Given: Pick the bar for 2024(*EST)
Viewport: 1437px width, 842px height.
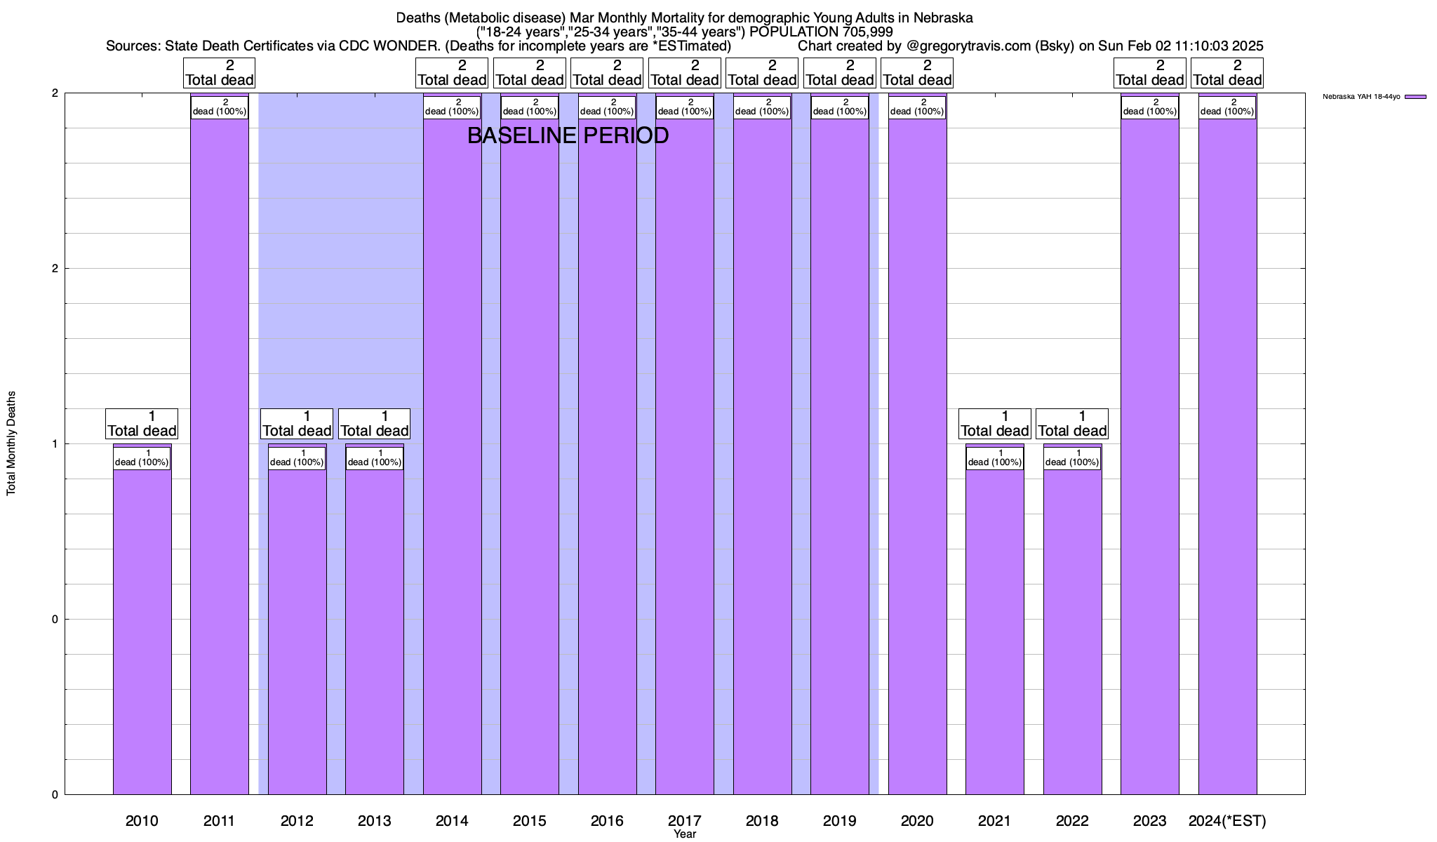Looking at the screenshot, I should tap(1227, 449).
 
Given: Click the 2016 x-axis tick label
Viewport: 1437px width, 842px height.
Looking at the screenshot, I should tap(607, 820).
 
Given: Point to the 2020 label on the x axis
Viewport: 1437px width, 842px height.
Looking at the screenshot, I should tap(917, 820).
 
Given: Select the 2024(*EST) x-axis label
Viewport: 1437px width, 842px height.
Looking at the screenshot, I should tap(1227, 820).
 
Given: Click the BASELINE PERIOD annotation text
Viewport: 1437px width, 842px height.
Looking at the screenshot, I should tap(568, 135).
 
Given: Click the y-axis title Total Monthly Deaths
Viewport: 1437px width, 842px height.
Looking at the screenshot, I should tap(11, 443).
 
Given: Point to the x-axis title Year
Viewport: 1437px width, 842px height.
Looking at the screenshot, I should tap(685, 834).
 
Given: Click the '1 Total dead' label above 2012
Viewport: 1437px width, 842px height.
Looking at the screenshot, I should tap(297, 424).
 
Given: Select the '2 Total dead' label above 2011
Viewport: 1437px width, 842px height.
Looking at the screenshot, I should tap(220, 73).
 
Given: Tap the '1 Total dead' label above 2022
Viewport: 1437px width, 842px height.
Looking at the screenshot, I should tap(1072, 424).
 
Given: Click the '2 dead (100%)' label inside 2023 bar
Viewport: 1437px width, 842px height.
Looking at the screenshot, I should tap(1149, 107).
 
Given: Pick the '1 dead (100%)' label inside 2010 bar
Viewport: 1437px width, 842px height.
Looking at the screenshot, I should tap(142, 458).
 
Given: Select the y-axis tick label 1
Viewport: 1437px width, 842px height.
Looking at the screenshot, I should tap(54, 443).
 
